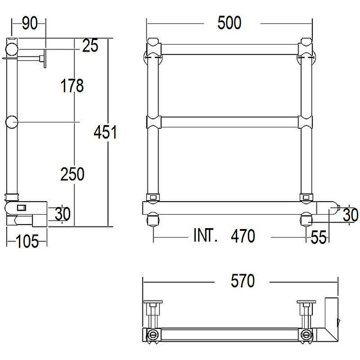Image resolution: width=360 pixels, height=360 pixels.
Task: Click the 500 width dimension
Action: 229,23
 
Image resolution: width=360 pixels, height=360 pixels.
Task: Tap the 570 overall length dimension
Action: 243,280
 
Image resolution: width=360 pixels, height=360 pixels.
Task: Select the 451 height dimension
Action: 105,132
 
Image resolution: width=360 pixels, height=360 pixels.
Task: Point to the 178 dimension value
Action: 72,85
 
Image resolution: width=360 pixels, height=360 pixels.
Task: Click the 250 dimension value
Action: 72,174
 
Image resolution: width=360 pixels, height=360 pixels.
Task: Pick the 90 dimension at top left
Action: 30,23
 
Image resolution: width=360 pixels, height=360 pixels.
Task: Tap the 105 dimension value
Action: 27,241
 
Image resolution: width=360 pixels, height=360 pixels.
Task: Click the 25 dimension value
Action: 90,45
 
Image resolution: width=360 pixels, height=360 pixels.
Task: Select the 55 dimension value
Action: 319,237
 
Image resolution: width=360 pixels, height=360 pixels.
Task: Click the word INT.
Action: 205,235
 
